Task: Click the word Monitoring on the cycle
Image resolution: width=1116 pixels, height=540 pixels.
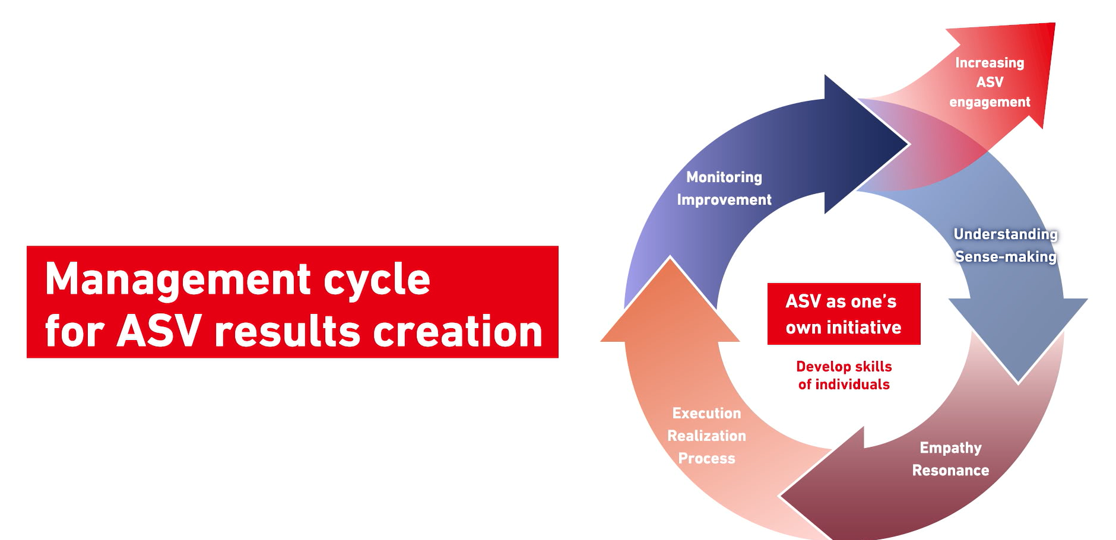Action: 724,177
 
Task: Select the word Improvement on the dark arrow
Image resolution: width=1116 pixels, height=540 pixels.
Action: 724,200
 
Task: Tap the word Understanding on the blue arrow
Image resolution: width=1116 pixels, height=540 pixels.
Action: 1006,234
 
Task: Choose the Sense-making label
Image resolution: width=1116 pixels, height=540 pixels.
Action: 1006,256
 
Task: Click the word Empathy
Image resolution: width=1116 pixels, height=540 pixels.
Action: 950,448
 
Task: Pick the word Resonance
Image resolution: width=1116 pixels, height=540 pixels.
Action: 950,471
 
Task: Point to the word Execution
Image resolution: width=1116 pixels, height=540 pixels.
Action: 706,413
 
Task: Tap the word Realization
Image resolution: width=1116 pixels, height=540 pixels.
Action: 706,436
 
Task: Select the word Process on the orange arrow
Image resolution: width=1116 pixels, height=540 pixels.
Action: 706,458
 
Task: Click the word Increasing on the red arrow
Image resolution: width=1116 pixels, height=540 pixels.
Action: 990,63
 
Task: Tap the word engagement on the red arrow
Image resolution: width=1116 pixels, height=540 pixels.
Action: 990,102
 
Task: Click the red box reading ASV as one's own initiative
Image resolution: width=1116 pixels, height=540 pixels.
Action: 844,314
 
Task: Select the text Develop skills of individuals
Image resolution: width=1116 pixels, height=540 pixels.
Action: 844,375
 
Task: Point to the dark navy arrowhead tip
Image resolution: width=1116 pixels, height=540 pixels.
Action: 908,144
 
